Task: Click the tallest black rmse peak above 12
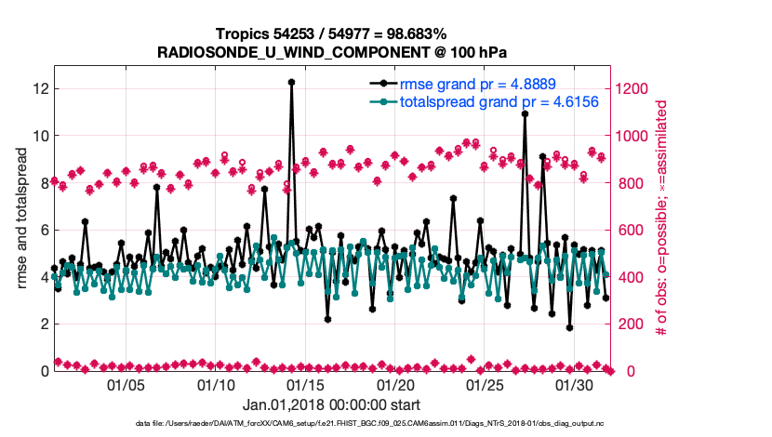[291, 82]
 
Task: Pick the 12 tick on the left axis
[40, 88]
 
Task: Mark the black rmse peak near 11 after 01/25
[525, 113]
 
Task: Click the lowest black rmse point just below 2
[569, 327]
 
